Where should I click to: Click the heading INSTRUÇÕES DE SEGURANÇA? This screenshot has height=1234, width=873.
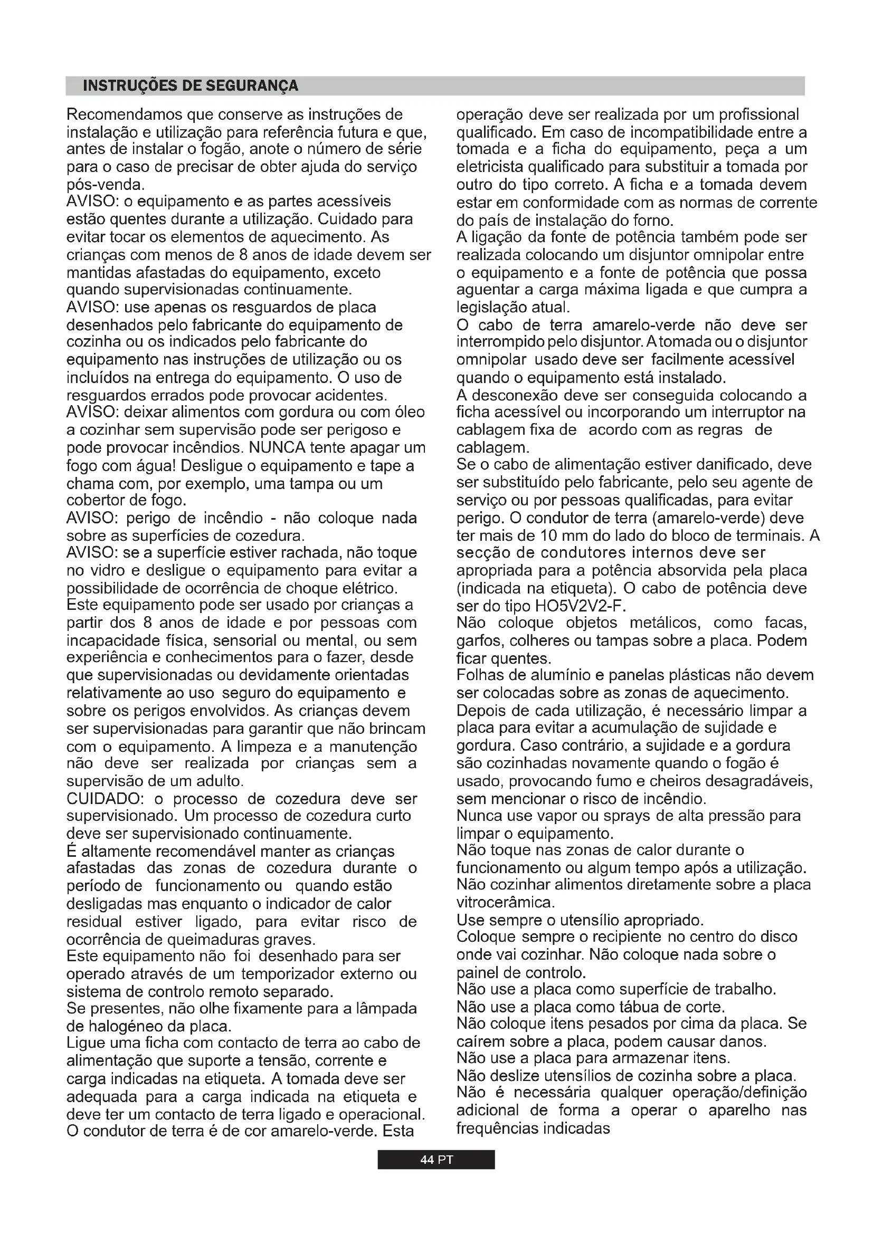click(x=191, y=86)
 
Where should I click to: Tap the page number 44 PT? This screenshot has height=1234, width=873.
click(x=436, y=1159)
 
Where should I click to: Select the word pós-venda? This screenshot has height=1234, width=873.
click(x=105, y=185)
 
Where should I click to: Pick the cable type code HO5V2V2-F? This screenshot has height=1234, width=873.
click(x=579, y=606)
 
